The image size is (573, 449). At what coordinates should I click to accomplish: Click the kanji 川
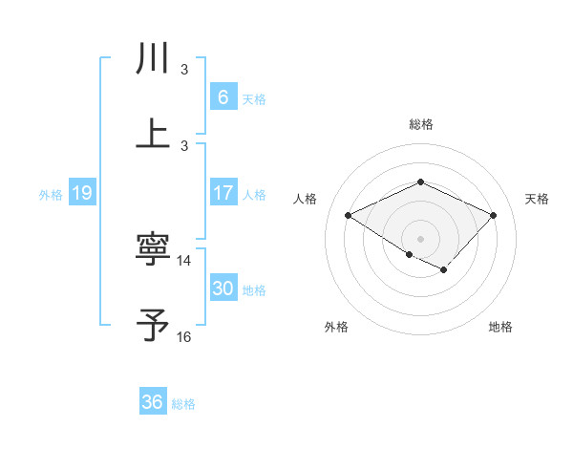[153, 58]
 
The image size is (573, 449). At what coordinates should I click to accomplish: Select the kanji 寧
[153, 250]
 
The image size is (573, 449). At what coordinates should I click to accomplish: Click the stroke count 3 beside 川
[184, 70]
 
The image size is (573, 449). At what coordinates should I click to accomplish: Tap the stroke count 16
[184, 337]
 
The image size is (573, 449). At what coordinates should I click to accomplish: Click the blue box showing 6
[223, 96]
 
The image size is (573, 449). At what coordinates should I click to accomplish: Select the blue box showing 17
[223, 192]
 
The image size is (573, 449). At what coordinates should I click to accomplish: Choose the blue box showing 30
[223, 289]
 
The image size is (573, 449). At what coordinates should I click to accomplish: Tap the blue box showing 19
[81, 193]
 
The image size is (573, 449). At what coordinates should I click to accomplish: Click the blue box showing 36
[152, 402]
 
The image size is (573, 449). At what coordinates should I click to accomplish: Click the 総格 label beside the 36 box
[183, 404]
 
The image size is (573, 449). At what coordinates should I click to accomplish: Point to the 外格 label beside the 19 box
[51, 194]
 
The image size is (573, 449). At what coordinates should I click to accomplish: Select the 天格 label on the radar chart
[537, 199]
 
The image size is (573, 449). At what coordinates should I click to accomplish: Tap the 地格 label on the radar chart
[500, 327]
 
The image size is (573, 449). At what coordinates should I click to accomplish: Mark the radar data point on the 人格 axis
[349, 216]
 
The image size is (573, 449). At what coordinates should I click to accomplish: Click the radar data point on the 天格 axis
[493, 216]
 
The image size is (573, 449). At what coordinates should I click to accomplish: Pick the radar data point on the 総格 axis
[420, 182]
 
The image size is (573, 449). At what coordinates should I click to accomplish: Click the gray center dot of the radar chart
[420, 238]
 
